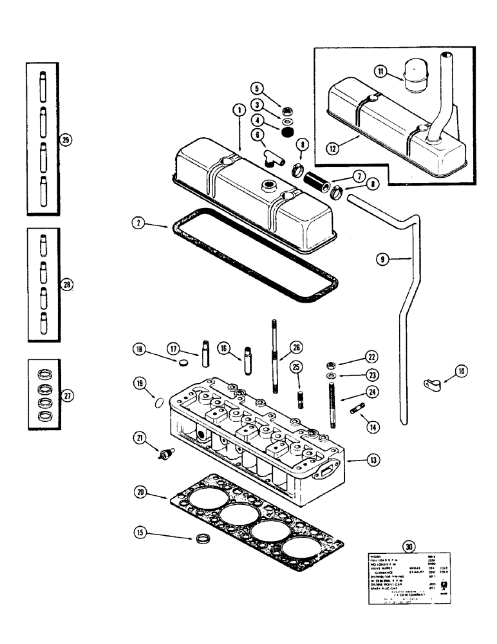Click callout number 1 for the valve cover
pyautogui.click(x=238, y=111)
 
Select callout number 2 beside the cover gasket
pyautogui.click(x=136, y=224)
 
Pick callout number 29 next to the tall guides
pyautogui.click(x=64, y=140)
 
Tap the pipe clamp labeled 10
pyautogui.click(x=432, y=386)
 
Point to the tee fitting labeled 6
pyautogui.click(x=272, y=158)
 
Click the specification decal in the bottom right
pyautogui.click(x=406, y=580)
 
